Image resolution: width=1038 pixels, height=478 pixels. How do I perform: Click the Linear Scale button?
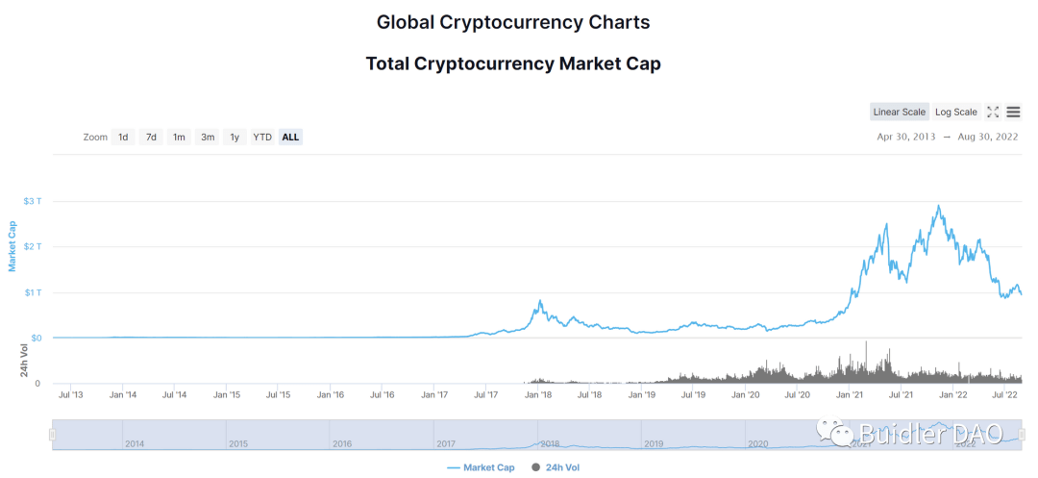pyautogui.click(x=900, y=113)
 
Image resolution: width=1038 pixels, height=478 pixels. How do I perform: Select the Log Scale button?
pyautogui.click(x=955, y=113)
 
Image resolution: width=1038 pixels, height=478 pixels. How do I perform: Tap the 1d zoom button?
pyautogui.click(x=123, y=138)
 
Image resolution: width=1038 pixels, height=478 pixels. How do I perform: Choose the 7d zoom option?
pyautogui.click(x=151, y=138)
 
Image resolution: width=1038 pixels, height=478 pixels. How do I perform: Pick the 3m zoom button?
pyautogui.click(x=207, y=138)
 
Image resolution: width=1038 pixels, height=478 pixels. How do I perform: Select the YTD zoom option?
pyautogui.click(x=262, y=138)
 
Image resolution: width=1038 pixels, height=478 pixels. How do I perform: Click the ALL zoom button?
pyautogui.click(x=290, y=138)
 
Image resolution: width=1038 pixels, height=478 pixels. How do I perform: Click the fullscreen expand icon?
pyautogui.click(x=993, y=113)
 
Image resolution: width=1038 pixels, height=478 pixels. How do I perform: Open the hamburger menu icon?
pyautogui.click(x=1013, y=113)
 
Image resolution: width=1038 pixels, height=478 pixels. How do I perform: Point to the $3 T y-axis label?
pyautogui.click(x=33, y=201)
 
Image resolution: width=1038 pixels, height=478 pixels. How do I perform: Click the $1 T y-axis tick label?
pyautogui.click(x=33, y=292)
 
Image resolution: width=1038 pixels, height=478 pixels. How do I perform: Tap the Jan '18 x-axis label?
pyautogui.click(x=538, y=394)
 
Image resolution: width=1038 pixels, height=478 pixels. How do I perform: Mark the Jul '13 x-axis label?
pyautogui.click(x=70, y=394)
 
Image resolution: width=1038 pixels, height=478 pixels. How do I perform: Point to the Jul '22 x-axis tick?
pyautogui.click(x=1004, y=394)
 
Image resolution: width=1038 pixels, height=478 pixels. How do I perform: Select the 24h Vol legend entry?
pyautogui.click(x=556, y=467)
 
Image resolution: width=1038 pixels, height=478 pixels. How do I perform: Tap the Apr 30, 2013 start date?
pyautogui.click(x=905, y=138)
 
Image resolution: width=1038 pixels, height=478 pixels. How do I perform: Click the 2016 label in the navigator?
pyautogui.click(x=342, y=444)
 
